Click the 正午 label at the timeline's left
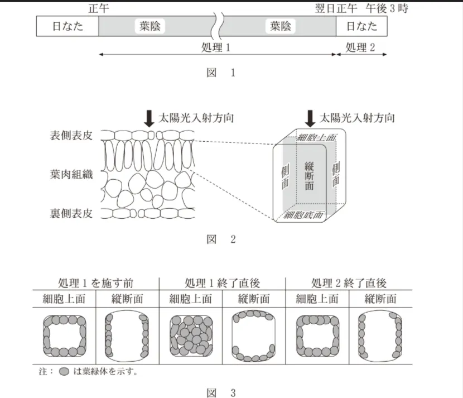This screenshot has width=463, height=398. (98, 9)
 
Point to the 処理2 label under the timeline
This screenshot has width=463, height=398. (361, 47)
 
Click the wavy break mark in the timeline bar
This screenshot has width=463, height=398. (218, 26)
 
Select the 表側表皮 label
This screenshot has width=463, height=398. (71, 136)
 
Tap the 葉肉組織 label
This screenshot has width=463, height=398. (71, 175)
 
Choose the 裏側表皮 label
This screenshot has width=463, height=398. (71, 213)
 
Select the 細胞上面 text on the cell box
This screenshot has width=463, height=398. (316, 137)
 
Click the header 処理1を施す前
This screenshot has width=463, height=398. (95, 282)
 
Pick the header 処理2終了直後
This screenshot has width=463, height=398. (349, 282)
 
